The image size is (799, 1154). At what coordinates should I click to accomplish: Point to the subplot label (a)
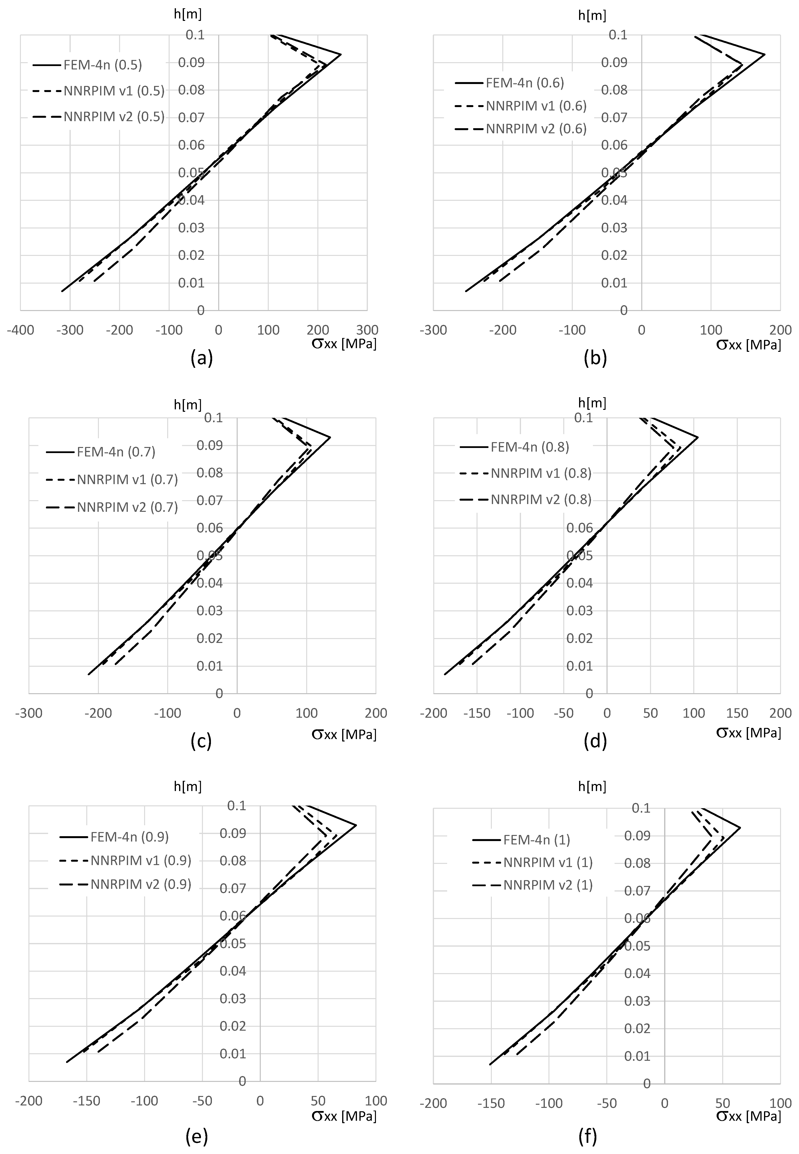202,359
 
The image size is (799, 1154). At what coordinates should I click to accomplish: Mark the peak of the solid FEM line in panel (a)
341,54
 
